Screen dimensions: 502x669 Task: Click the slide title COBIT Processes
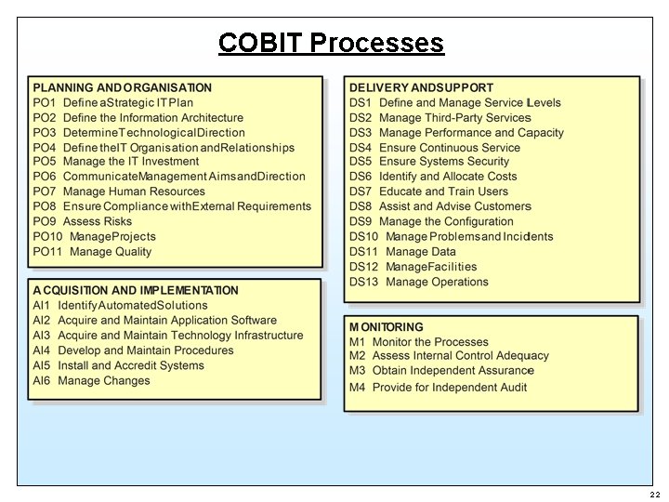click(x=331, y=43)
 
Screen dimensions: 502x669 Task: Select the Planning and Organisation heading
click(x=122, y=88)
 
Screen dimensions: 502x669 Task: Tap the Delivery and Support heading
click(x=421, y=88)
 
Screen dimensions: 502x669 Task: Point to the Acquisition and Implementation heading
click(x=136, y=290)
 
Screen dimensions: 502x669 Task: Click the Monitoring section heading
click(x=386, y=327)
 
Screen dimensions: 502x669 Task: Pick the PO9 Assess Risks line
click(x=83, y=221)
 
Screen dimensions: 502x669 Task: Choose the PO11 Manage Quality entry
click(x=92, y=251)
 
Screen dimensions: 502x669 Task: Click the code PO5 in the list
click(x=45, y=162)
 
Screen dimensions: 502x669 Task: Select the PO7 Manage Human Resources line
click(x=119, y=192)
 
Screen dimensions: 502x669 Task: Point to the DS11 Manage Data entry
click(x=402, y=251)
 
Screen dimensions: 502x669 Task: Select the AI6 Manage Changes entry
click(x=91, y=380)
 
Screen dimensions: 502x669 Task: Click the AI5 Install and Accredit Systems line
click(x=118, y=365)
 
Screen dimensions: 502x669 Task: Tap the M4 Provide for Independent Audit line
click(x=438, y=387)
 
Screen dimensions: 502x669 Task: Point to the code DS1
click(x=361, y=103)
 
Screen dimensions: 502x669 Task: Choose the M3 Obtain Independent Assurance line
click(x=441, y=371)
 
